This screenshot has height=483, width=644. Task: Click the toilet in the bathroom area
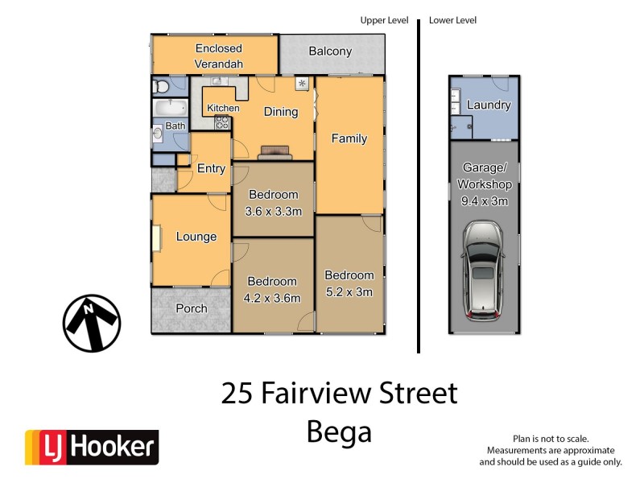click(162, 85)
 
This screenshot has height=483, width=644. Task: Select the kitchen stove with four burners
click(222, 123)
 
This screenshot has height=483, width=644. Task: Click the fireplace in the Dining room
click(273, 151)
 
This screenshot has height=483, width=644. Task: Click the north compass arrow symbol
click(92, 323)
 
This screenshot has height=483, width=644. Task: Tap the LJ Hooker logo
click(91, 448)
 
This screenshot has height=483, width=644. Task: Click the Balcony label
click(330, 52)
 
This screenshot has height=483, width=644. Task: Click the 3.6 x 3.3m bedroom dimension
click(273, 213)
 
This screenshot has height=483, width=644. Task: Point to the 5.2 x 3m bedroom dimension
click(349, 292)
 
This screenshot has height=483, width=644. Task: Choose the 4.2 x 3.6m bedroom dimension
click(273, 299)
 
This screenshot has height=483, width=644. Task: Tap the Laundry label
click(489, 105)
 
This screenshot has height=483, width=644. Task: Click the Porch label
click(191, 308)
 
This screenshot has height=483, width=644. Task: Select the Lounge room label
click(196, 237)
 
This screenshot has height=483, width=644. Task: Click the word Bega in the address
click(339, 432)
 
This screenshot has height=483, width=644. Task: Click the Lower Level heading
click(452, 20)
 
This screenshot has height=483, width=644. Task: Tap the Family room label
click(349, 138)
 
